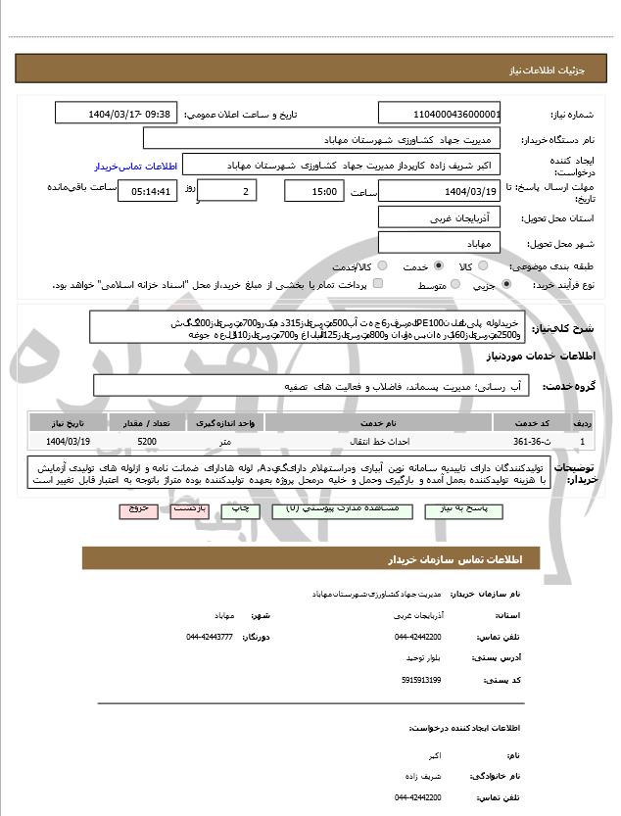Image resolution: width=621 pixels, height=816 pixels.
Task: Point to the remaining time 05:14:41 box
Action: coord(147,191)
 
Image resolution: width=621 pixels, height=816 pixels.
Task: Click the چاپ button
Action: coord(240,510)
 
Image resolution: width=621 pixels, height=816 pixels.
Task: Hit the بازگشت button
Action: coord(187,510)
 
